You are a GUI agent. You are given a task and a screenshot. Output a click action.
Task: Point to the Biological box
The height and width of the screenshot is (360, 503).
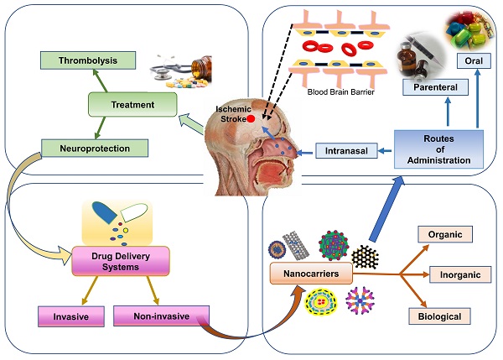[x=439, y=316]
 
